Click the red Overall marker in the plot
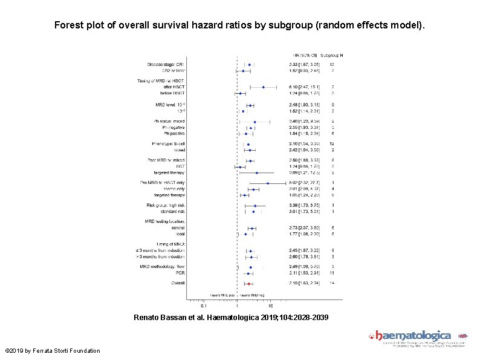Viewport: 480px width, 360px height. point(248,283)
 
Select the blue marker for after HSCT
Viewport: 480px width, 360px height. point(264,87)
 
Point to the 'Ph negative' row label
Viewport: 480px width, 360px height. point(172,128)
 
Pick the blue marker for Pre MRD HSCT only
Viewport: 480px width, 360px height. point(268,183)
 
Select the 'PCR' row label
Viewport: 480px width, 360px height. point(180,273)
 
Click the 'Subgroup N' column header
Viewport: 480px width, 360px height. point(332,56)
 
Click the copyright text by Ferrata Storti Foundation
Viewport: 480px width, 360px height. point(53,351)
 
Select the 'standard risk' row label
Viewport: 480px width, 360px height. point(171,212)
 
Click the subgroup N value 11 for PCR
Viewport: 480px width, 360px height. point(332,273)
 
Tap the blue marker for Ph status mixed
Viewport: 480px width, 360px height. point(255,122)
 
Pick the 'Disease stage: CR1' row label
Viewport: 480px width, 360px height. point(166,64)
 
